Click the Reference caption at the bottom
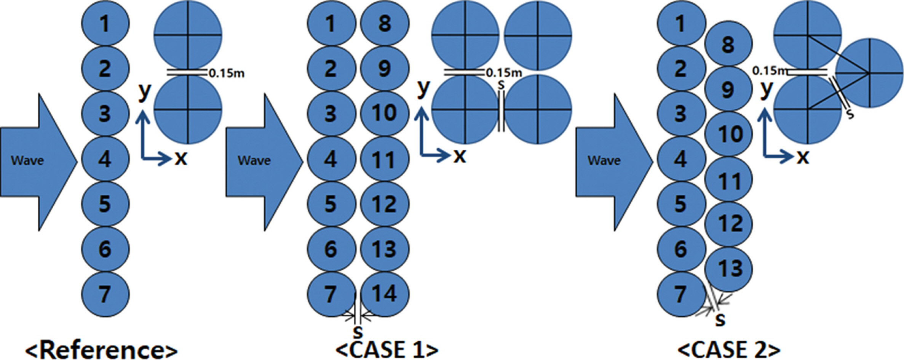[101, 350]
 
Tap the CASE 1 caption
[387, 350]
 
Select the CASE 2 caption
[729, 350]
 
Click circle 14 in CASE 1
[385, 294]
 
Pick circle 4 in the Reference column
[105, 159]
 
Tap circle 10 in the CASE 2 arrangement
[728, 134]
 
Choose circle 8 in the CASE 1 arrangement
[385, 24]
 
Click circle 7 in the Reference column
[105, 294]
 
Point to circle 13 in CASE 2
[728, 269]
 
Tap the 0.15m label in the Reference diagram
[227, 73]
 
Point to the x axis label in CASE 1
[460, 156]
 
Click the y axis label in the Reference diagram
[144, 91]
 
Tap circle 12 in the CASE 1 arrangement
[385, 204]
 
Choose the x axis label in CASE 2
[803, 157]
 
